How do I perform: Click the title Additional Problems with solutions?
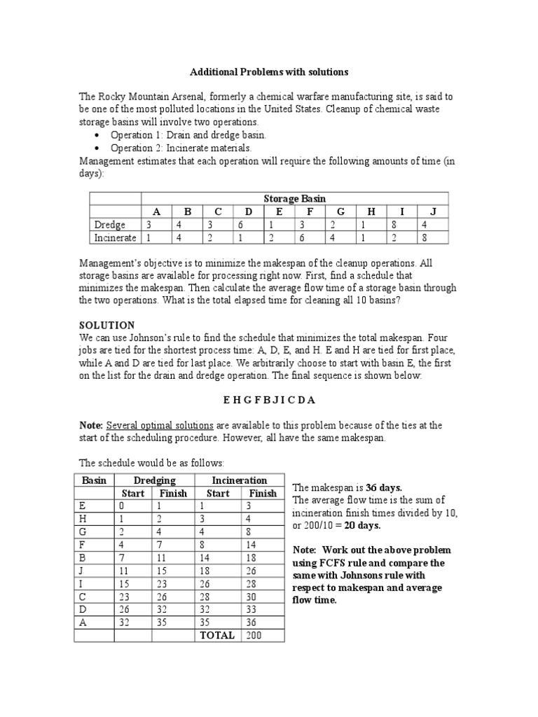pos(269,72)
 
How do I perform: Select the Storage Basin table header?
pos(295,198)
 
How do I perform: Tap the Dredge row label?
pos(110,225)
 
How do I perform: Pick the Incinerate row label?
pos(116,238)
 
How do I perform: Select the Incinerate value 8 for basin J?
pos(425,238)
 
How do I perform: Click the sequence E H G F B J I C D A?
pos(269,400)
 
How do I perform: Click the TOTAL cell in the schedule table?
pos(217,634)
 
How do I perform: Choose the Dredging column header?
pos(154,480)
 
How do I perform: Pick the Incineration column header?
pos(240,480)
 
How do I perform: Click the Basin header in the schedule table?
pos(94,480)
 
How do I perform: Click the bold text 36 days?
pos(387,487)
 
